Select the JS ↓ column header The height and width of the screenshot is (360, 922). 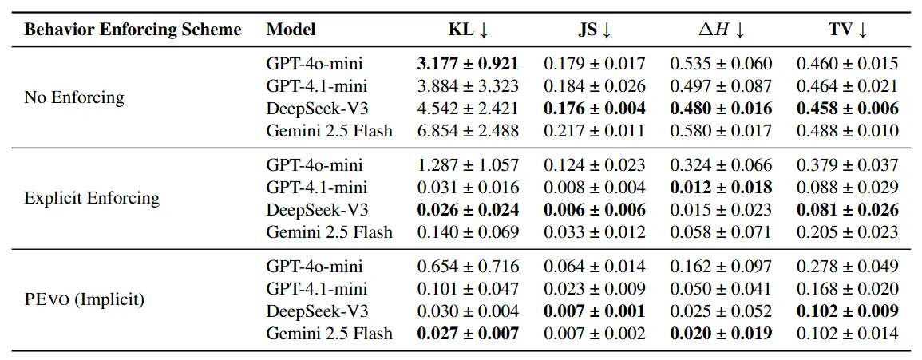[x=594, y=30]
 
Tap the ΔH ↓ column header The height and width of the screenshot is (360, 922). [x=720, y=30]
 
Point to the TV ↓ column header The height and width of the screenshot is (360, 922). [x=847, y=30]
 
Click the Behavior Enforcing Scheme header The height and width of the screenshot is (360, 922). [x=133, y=30]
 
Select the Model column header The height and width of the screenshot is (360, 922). [x=291, y=30]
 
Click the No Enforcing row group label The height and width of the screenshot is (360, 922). [x=74, y=97]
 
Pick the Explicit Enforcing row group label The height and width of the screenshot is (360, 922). [x=92, y=198]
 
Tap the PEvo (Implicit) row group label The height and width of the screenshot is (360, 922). [x=85, y=299]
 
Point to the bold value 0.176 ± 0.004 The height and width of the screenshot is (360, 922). [x=594, y=108]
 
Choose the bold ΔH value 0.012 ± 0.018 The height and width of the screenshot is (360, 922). [x=720, y=188]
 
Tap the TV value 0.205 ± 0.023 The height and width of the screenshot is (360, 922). [x=847, y=232]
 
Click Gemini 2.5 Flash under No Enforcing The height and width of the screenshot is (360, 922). [x=329, y=130]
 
